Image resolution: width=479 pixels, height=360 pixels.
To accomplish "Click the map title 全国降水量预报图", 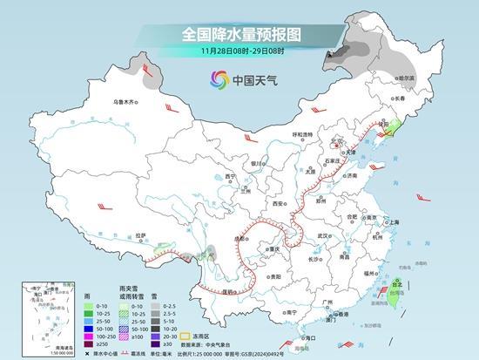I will [239, 34].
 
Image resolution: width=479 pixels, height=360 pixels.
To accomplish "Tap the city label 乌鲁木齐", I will [125, 102].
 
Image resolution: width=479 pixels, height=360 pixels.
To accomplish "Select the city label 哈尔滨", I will [406, 78].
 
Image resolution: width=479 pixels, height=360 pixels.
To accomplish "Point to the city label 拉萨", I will [140, 235].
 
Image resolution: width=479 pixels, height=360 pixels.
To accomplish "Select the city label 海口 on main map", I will [305, 336].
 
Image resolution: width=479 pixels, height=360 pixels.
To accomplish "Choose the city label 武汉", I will [324, 234].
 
